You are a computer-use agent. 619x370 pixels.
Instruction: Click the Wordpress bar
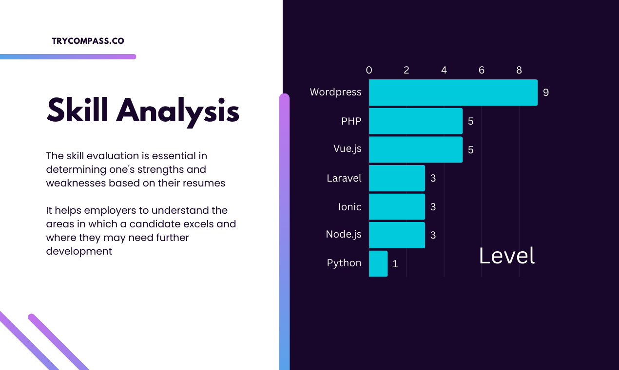[x=453, y=92]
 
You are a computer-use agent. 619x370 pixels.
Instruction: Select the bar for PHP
[x=415, y=121]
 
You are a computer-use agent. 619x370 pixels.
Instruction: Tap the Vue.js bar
[x=415, y=149]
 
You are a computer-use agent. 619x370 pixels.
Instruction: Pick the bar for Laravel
[x=397, y=178]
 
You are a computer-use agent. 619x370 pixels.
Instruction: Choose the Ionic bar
[x=397, y=206]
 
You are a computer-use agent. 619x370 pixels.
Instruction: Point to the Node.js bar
[x=397, y=235]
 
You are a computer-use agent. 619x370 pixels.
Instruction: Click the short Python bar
[x=378, y=263]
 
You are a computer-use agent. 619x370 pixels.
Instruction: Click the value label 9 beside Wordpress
[x=546, y=92]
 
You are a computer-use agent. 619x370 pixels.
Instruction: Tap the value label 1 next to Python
[x=395, y=264]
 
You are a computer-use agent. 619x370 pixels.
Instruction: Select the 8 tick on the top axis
[x=519, y=70]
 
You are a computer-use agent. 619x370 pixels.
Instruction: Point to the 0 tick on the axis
[x=369, y=70]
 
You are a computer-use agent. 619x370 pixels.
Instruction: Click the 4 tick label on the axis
[x=444, y=70]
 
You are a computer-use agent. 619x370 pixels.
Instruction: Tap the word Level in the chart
[x=506, y=256]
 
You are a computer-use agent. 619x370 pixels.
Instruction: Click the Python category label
[x=344, y=263]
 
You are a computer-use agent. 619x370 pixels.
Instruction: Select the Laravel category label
[x=344, y=178]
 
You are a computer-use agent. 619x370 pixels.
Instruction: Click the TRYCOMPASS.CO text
[x=88, y=41]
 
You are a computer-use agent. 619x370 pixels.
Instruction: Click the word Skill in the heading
[x=78, y=110]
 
